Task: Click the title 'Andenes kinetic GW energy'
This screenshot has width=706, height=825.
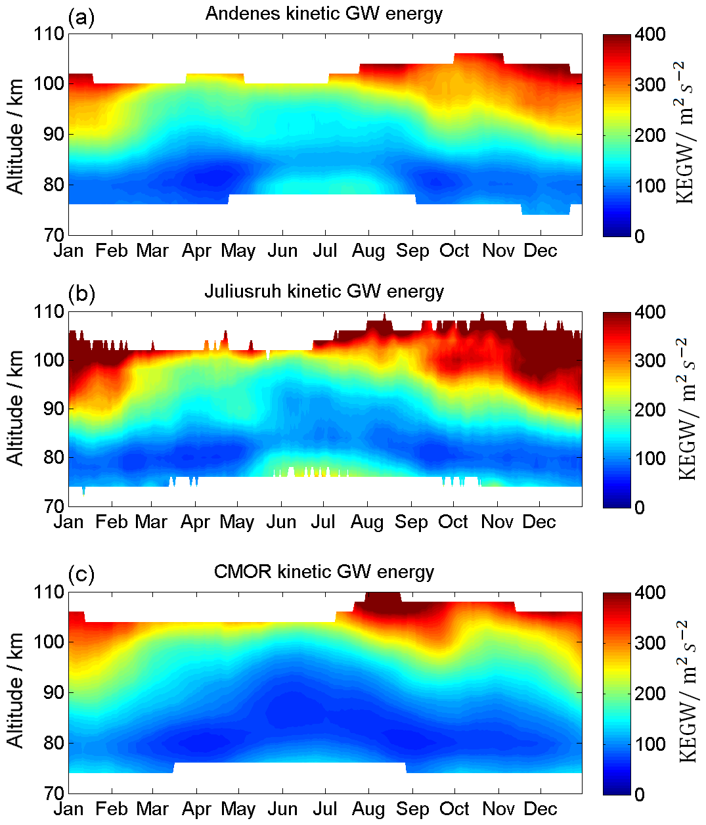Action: pos(324,14)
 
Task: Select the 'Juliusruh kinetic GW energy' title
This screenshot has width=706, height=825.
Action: pos(324,292)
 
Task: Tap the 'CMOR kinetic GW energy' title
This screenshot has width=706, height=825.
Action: pos(324,571)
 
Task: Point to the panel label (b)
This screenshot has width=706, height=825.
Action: pos(81,294)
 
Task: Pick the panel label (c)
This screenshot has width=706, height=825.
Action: pos(81,575)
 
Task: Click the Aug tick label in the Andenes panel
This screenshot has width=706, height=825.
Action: pos(368,251)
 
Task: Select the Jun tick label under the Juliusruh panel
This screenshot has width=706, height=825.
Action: pos(281,522)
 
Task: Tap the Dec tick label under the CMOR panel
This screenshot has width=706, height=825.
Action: pos(541,809)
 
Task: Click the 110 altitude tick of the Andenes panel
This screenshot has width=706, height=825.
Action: pos(49,34)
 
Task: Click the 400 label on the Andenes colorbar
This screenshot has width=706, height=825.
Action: pos(650,34)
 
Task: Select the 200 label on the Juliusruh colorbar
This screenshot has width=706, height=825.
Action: pos(650,410)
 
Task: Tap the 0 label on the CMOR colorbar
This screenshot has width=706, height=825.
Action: pos(640,794)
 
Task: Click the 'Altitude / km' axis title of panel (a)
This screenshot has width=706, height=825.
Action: pos(16,136)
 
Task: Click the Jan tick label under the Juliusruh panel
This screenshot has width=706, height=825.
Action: pos(68,522)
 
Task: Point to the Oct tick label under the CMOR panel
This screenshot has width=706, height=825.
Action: pos(454,809)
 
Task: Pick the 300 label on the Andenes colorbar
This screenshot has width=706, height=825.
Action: pos(650,85)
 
